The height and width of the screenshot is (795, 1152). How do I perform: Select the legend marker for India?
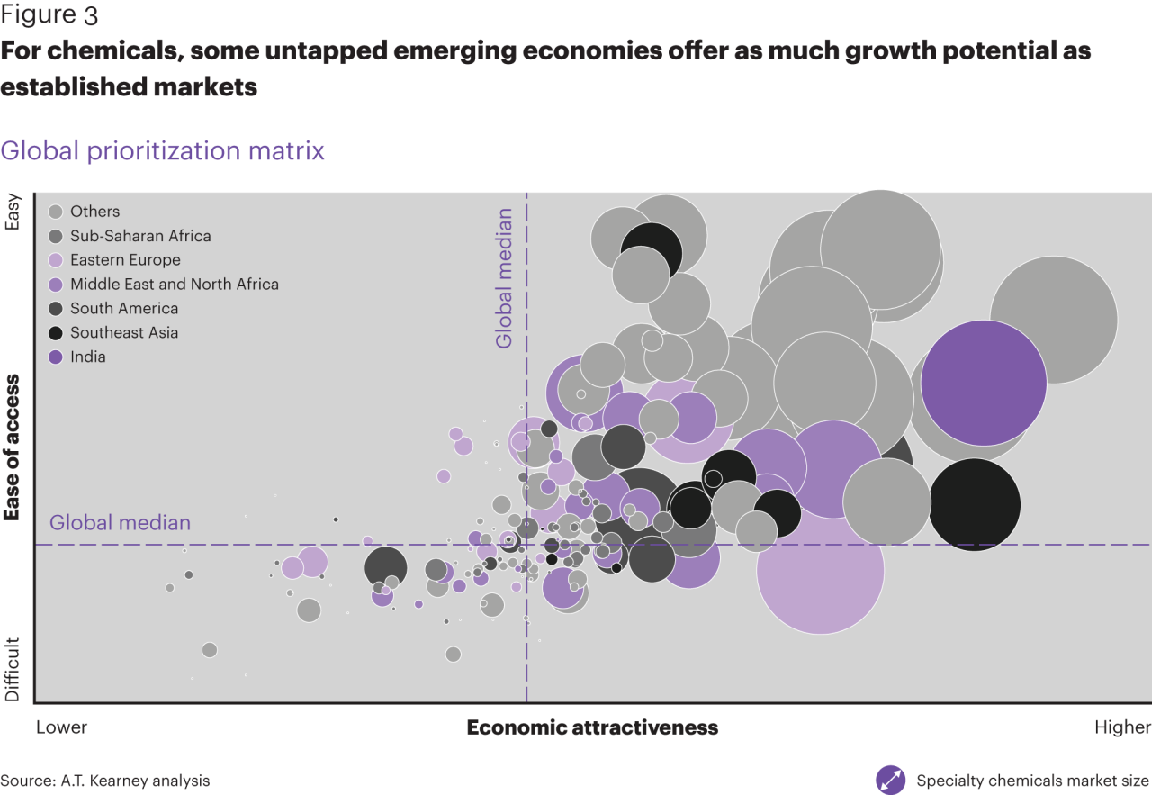click(x=56, y=357)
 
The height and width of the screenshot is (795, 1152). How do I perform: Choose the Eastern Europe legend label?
click(x=125, y=260)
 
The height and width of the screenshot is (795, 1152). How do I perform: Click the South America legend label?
click(x=124, y=309)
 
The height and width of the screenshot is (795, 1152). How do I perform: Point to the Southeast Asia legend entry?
click(x=124, y=333)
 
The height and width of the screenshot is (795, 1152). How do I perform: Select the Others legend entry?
click(x=94, y=212)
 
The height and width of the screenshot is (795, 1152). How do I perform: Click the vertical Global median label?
click(x=504, y=278)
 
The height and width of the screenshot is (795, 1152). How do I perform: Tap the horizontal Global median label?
click(x=120, y=523)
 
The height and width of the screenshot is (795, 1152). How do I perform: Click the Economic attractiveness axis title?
click(x=592, y=727)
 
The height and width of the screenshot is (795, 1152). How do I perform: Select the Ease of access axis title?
click(x=13, y=447)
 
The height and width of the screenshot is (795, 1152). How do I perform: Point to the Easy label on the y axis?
click(x=13, y=212)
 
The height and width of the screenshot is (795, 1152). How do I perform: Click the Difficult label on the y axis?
click(x=13, y=670)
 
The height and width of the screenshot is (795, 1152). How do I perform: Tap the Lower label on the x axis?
click(x=61, y=727)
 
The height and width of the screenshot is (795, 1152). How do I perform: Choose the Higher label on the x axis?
click(x=1122, y=727)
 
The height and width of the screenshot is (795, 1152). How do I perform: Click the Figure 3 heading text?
click(x=49, y=15)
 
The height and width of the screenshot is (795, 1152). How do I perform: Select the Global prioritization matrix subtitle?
click(x=162, y=150)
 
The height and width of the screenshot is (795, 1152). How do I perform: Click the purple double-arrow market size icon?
click(x=890, y=780)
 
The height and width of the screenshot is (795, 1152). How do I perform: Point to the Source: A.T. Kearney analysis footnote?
click(x=105, y=781)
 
